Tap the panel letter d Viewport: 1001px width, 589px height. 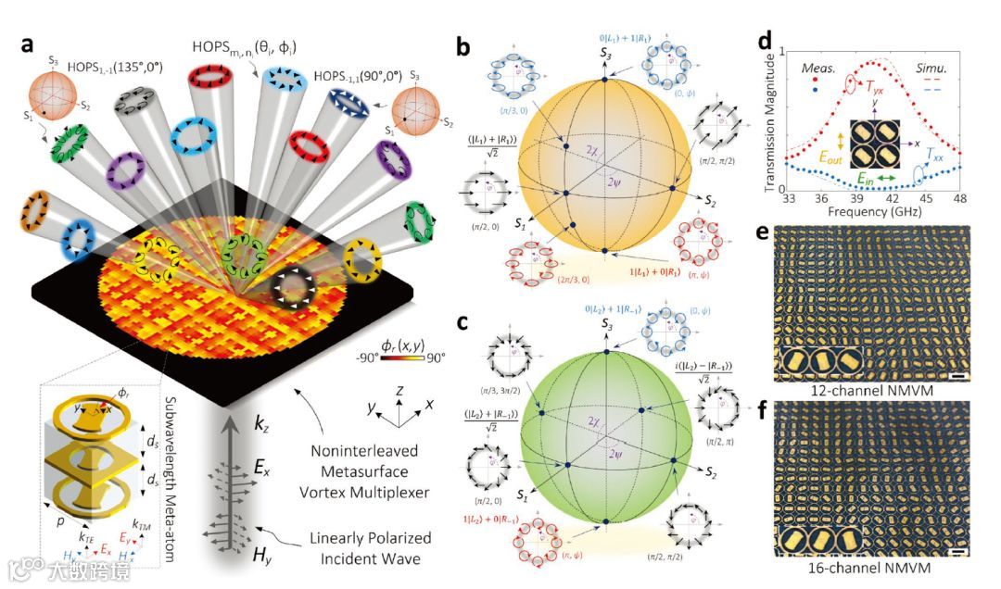764,41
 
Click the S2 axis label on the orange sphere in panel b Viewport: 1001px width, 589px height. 712,200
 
